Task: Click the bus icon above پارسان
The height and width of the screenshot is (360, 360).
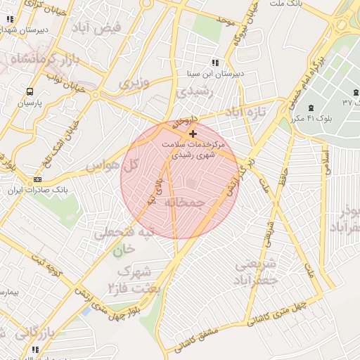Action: tap(30, 91)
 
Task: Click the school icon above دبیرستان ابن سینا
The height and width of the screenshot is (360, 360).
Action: tap(214, 63)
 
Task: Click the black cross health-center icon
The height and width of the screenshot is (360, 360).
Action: tap(193, 133)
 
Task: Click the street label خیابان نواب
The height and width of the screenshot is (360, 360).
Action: tap(60, 82)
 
